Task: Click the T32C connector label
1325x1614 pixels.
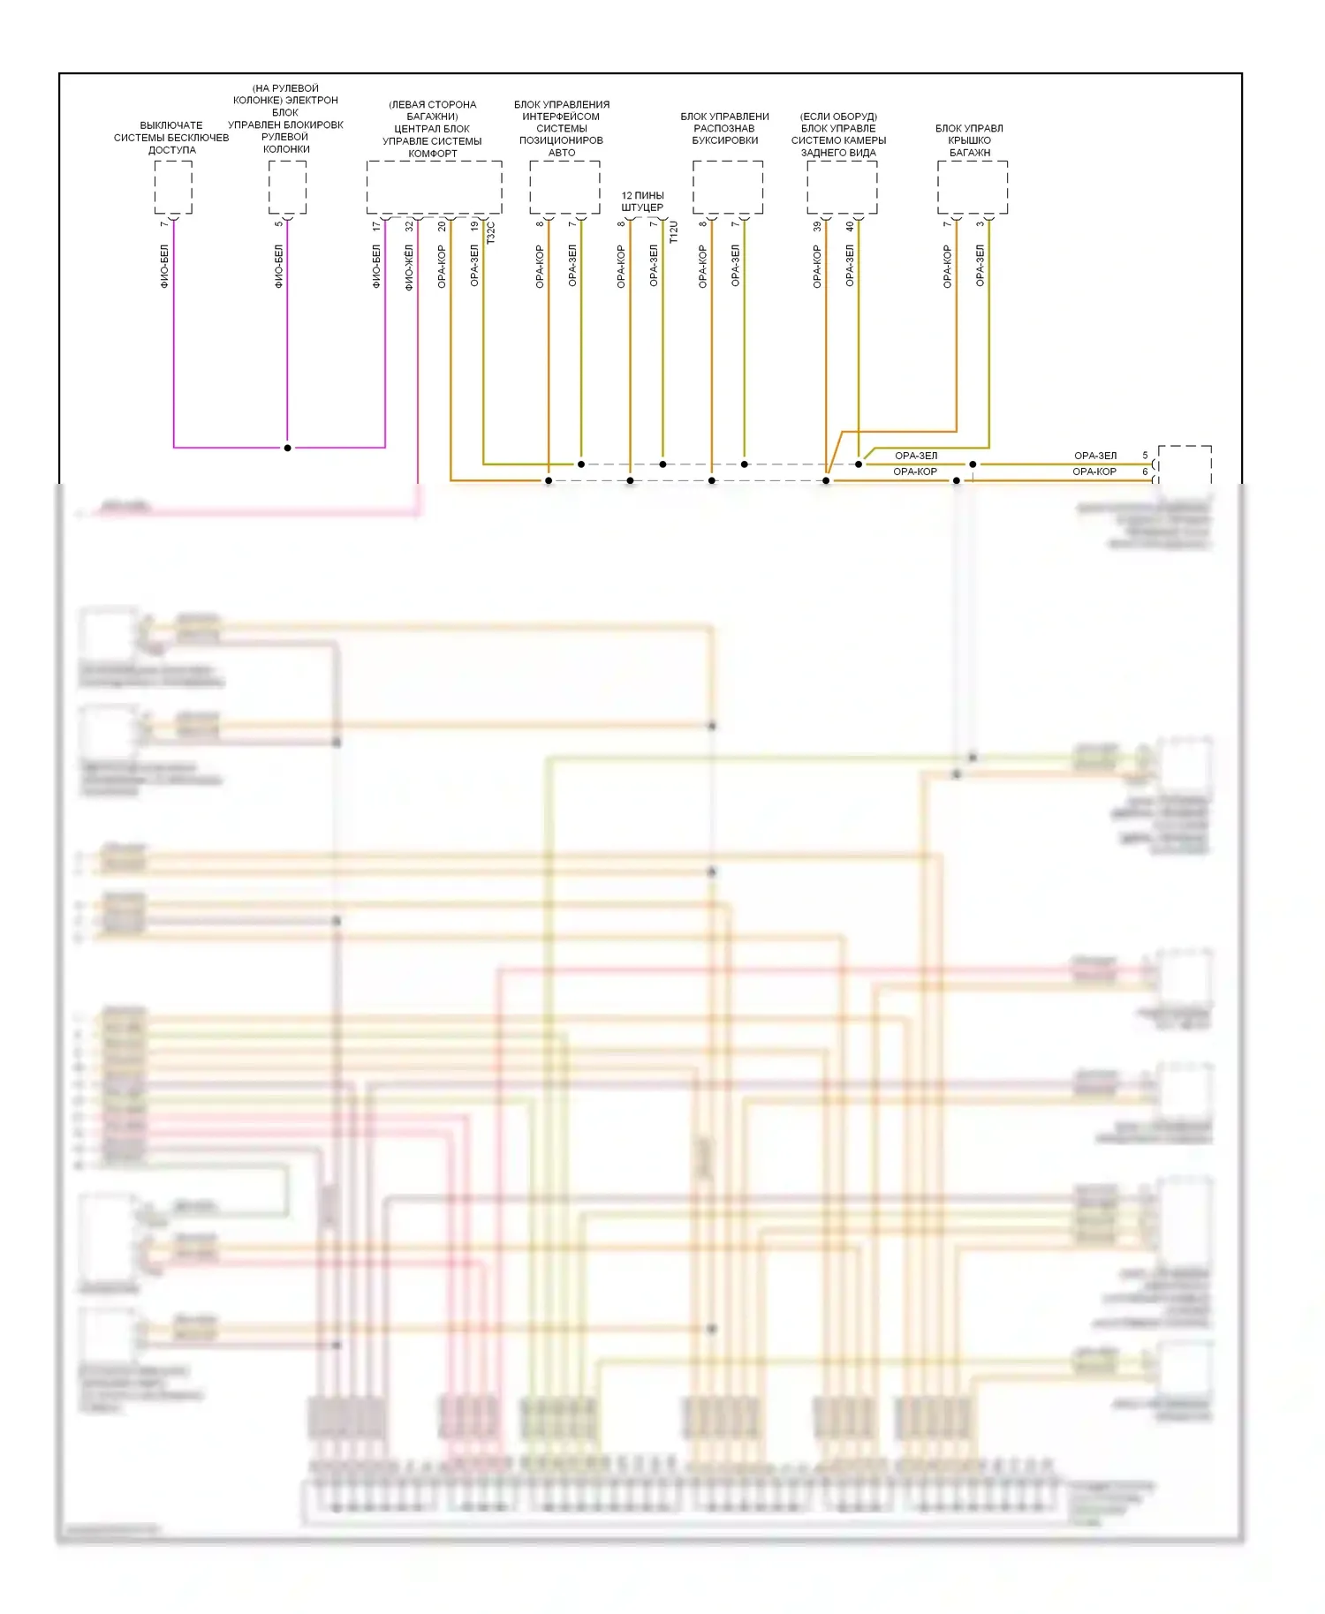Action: click(491, 232)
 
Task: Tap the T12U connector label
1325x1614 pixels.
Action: click(673, 232)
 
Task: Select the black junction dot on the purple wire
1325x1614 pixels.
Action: click(287, 448)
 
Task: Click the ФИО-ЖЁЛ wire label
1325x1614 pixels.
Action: click(408, 268)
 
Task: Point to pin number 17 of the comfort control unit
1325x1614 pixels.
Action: click(376, 226)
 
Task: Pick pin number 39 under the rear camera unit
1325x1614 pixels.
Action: click(817, 226)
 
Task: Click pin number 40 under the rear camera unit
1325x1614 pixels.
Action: click(850, 226)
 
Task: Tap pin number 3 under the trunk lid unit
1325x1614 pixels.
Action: click(980, 223)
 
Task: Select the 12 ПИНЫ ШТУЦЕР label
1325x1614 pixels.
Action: click(642, 201)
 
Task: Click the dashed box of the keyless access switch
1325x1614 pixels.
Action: click(173, 187)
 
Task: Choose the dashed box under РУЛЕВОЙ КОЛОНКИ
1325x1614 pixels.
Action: click(287, 187)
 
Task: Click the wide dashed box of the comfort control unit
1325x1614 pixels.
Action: click(434, 187)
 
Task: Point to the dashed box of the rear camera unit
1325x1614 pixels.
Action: click(842, 187)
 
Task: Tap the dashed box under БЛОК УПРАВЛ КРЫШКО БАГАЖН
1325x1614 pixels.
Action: click(972, 187)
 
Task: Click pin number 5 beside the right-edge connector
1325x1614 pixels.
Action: click(1145, 456)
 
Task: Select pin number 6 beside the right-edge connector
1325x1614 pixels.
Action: click(1145, 471)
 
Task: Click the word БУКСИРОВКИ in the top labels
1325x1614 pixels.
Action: click(724, 140)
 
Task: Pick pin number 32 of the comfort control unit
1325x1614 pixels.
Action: click(409, 226)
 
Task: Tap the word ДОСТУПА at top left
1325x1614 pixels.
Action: click(171, 150)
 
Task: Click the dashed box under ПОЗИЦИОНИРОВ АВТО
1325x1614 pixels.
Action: click(564, 187)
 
